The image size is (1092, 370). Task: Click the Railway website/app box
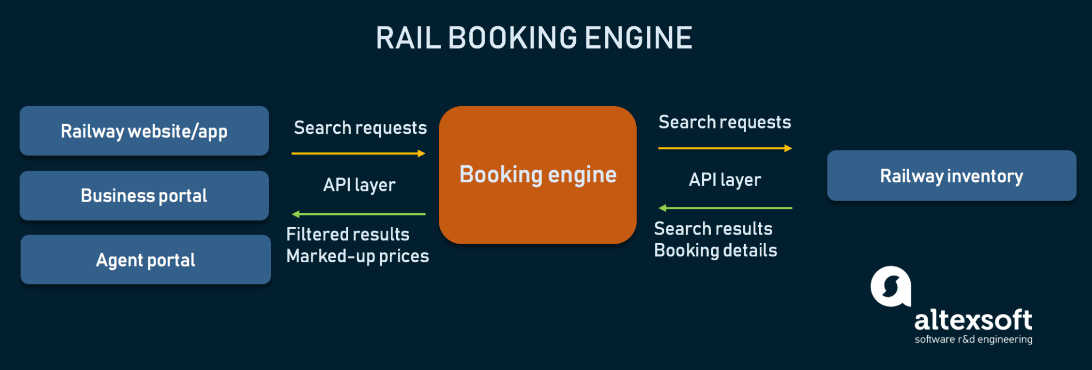coord(144,131)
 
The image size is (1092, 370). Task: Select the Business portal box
coord(144,196)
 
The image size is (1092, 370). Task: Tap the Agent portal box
coord(145,260)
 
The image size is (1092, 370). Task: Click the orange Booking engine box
coord(537,175)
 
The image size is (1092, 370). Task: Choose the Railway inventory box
coord(951,176)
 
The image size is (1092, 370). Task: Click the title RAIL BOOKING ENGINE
coord(534,38)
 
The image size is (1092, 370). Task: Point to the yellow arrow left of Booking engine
coord(358,154)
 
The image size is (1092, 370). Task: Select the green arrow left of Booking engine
coord(358,214)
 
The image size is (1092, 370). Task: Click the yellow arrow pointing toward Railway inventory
coord(725,148)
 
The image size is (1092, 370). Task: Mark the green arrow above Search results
coord(725,208)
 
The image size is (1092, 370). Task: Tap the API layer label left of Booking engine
coord(359,185)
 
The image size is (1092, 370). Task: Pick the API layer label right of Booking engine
coord(725,180)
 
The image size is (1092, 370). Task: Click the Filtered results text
coord(348,235)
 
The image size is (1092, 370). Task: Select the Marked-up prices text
coord(357,256)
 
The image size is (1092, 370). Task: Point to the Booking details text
coord(716,251)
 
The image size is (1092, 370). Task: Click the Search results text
coord(713,229)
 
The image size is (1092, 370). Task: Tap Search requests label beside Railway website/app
coord(360,128)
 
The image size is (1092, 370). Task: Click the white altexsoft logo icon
coord(890,287)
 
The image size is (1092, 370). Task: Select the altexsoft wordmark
coord(973,320)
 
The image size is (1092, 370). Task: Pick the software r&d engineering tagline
coord(974,340)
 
